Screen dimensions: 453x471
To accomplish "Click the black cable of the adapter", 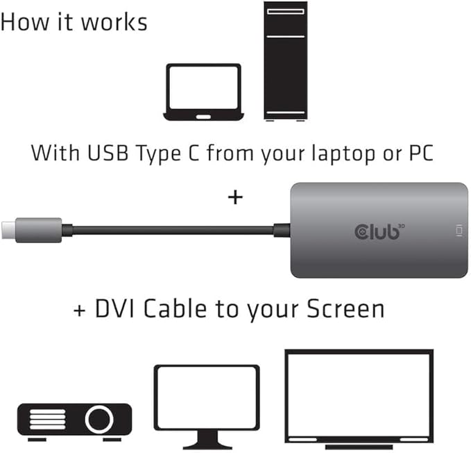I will tap(173, 229).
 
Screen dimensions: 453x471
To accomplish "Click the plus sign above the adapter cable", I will tap(236, 198).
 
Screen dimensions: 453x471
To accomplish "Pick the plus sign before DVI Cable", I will tap(80, 308).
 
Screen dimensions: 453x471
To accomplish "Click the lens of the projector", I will tap(99, 419).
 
